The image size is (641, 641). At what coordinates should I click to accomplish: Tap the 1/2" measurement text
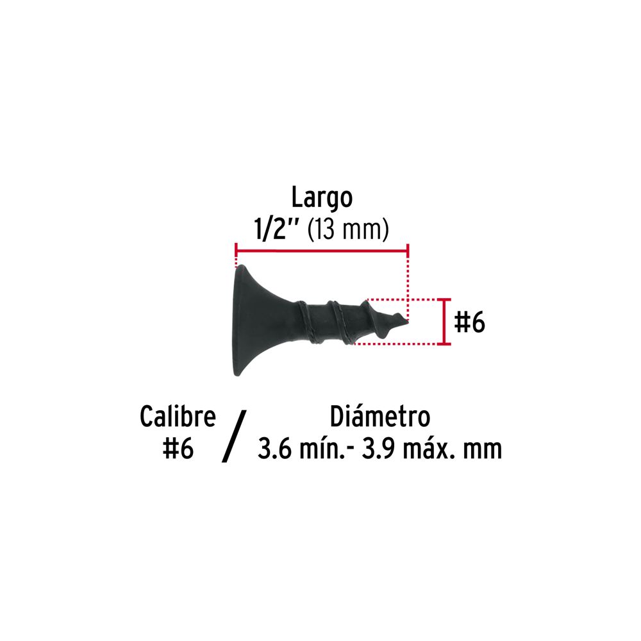(x=278, y=229)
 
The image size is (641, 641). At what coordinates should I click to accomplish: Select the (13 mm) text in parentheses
(x=348, y=229)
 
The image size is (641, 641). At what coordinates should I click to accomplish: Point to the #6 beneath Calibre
(x=178, y=449)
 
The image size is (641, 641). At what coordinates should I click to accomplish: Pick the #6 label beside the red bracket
(x=469, y=322)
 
